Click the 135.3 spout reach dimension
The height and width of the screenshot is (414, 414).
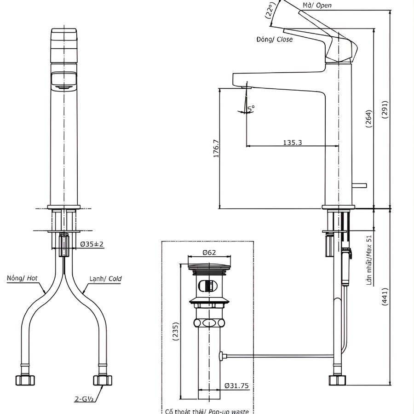pos(292,143)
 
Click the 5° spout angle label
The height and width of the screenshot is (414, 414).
pos(251,108)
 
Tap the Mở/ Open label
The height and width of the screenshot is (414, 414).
pos(317,6)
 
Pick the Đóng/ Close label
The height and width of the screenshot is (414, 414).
pos(274,40)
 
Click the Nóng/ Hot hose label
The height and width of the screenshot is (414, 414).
pos(22,278)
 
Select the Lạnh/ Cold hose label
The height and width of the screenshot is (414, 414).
pos(106,278)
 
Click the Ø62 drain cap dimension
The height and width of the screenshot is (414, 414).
pos(209,252)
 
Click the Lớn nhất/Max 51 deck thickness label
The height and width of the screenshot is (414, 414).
pos(369,260)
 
